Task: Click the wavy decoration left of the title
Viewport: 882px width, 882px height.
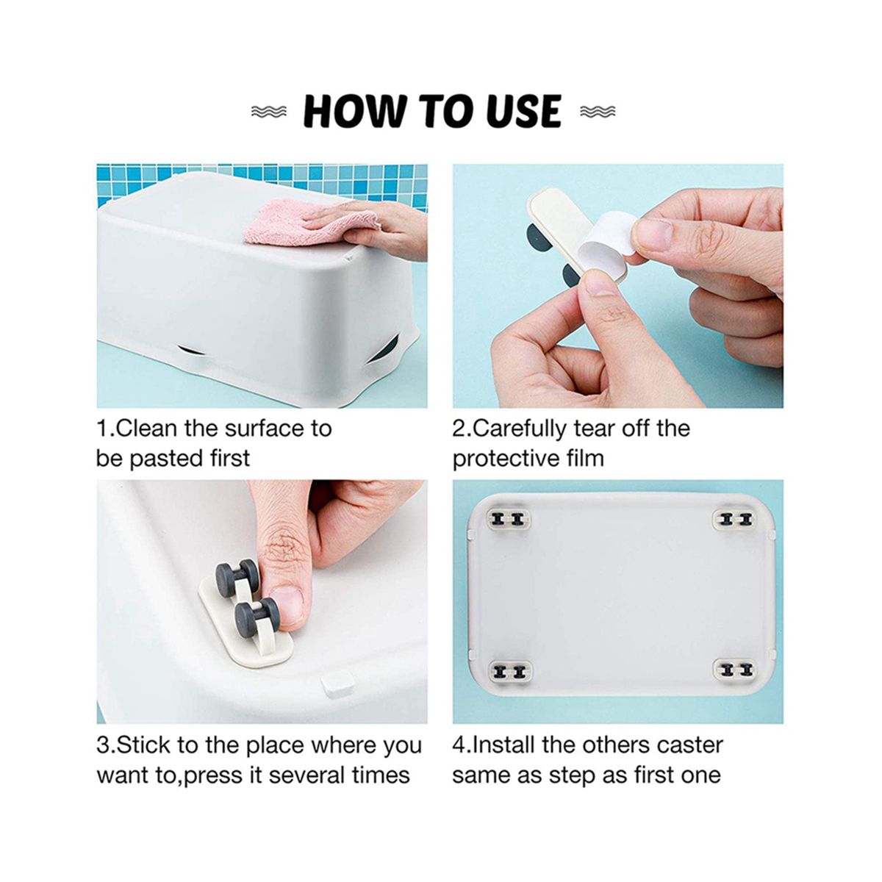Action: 269,111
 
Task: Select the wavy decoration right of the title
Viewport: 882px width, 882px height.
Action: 598,111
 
